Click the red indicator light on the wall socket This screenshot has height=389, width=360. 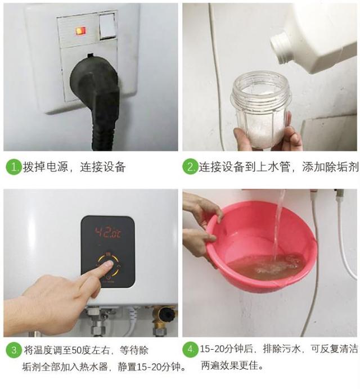(81, 30)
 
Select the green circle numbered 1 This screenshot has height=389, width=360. (13, 167)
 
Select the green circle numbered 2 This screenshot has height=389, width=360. (191, 167)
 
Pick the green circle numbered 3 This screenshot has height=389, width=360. (13, 351)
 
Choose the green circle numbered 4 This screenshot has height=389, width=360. (191, 351)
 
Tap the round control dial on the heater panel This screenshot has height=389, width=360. (108, 264)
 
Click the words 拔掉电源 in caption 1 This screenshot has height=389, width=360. (42, 167)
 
